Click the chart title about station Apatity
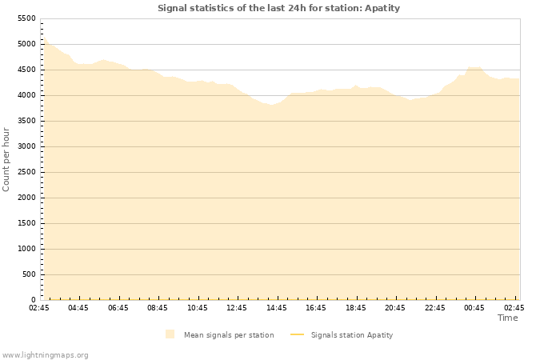click(278, 8)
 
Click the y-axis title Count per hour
click(7, 158)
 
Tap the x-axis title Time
click(507, 318)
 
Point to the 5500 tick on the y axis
click(26, 18)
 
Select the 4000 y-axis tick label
click(26, 95)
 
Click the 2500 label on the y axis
click(26, 172)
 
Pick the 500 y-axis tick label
click(29, 274)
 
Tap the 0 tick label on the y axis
click(33, 300)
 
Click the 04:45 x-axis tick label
click(78, 307)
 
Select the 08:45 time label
click(158, 307)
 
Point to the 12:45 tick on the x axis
click(237, 307)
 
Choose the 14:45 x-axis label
click(276, 307)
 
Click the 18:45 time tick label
click(355, 307)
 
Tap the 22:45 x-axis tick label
click(434, 307)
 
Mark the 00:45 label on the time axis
click(474, 307)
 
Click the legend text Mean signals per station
click(229, 335)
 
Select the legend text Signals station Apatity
click(352, 335)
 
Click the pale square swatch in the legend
click(170, 334)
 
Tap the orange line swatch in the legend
click(297, 334)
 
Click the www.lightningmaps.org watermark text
click(46, 354)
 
